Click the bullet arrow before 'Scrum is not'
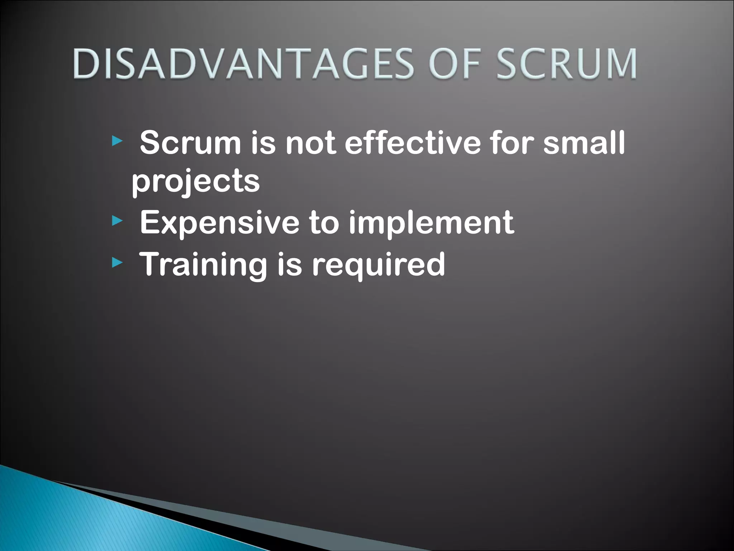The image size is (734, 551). [117, 141]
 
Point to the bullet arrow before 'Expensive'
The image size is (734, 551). [117, 221]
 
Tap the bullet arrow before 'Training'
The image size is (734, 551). [117, 264]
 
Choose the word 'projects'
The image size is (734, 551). [196, 182]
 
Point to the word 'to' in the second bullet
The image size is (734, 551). [324, 223]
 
